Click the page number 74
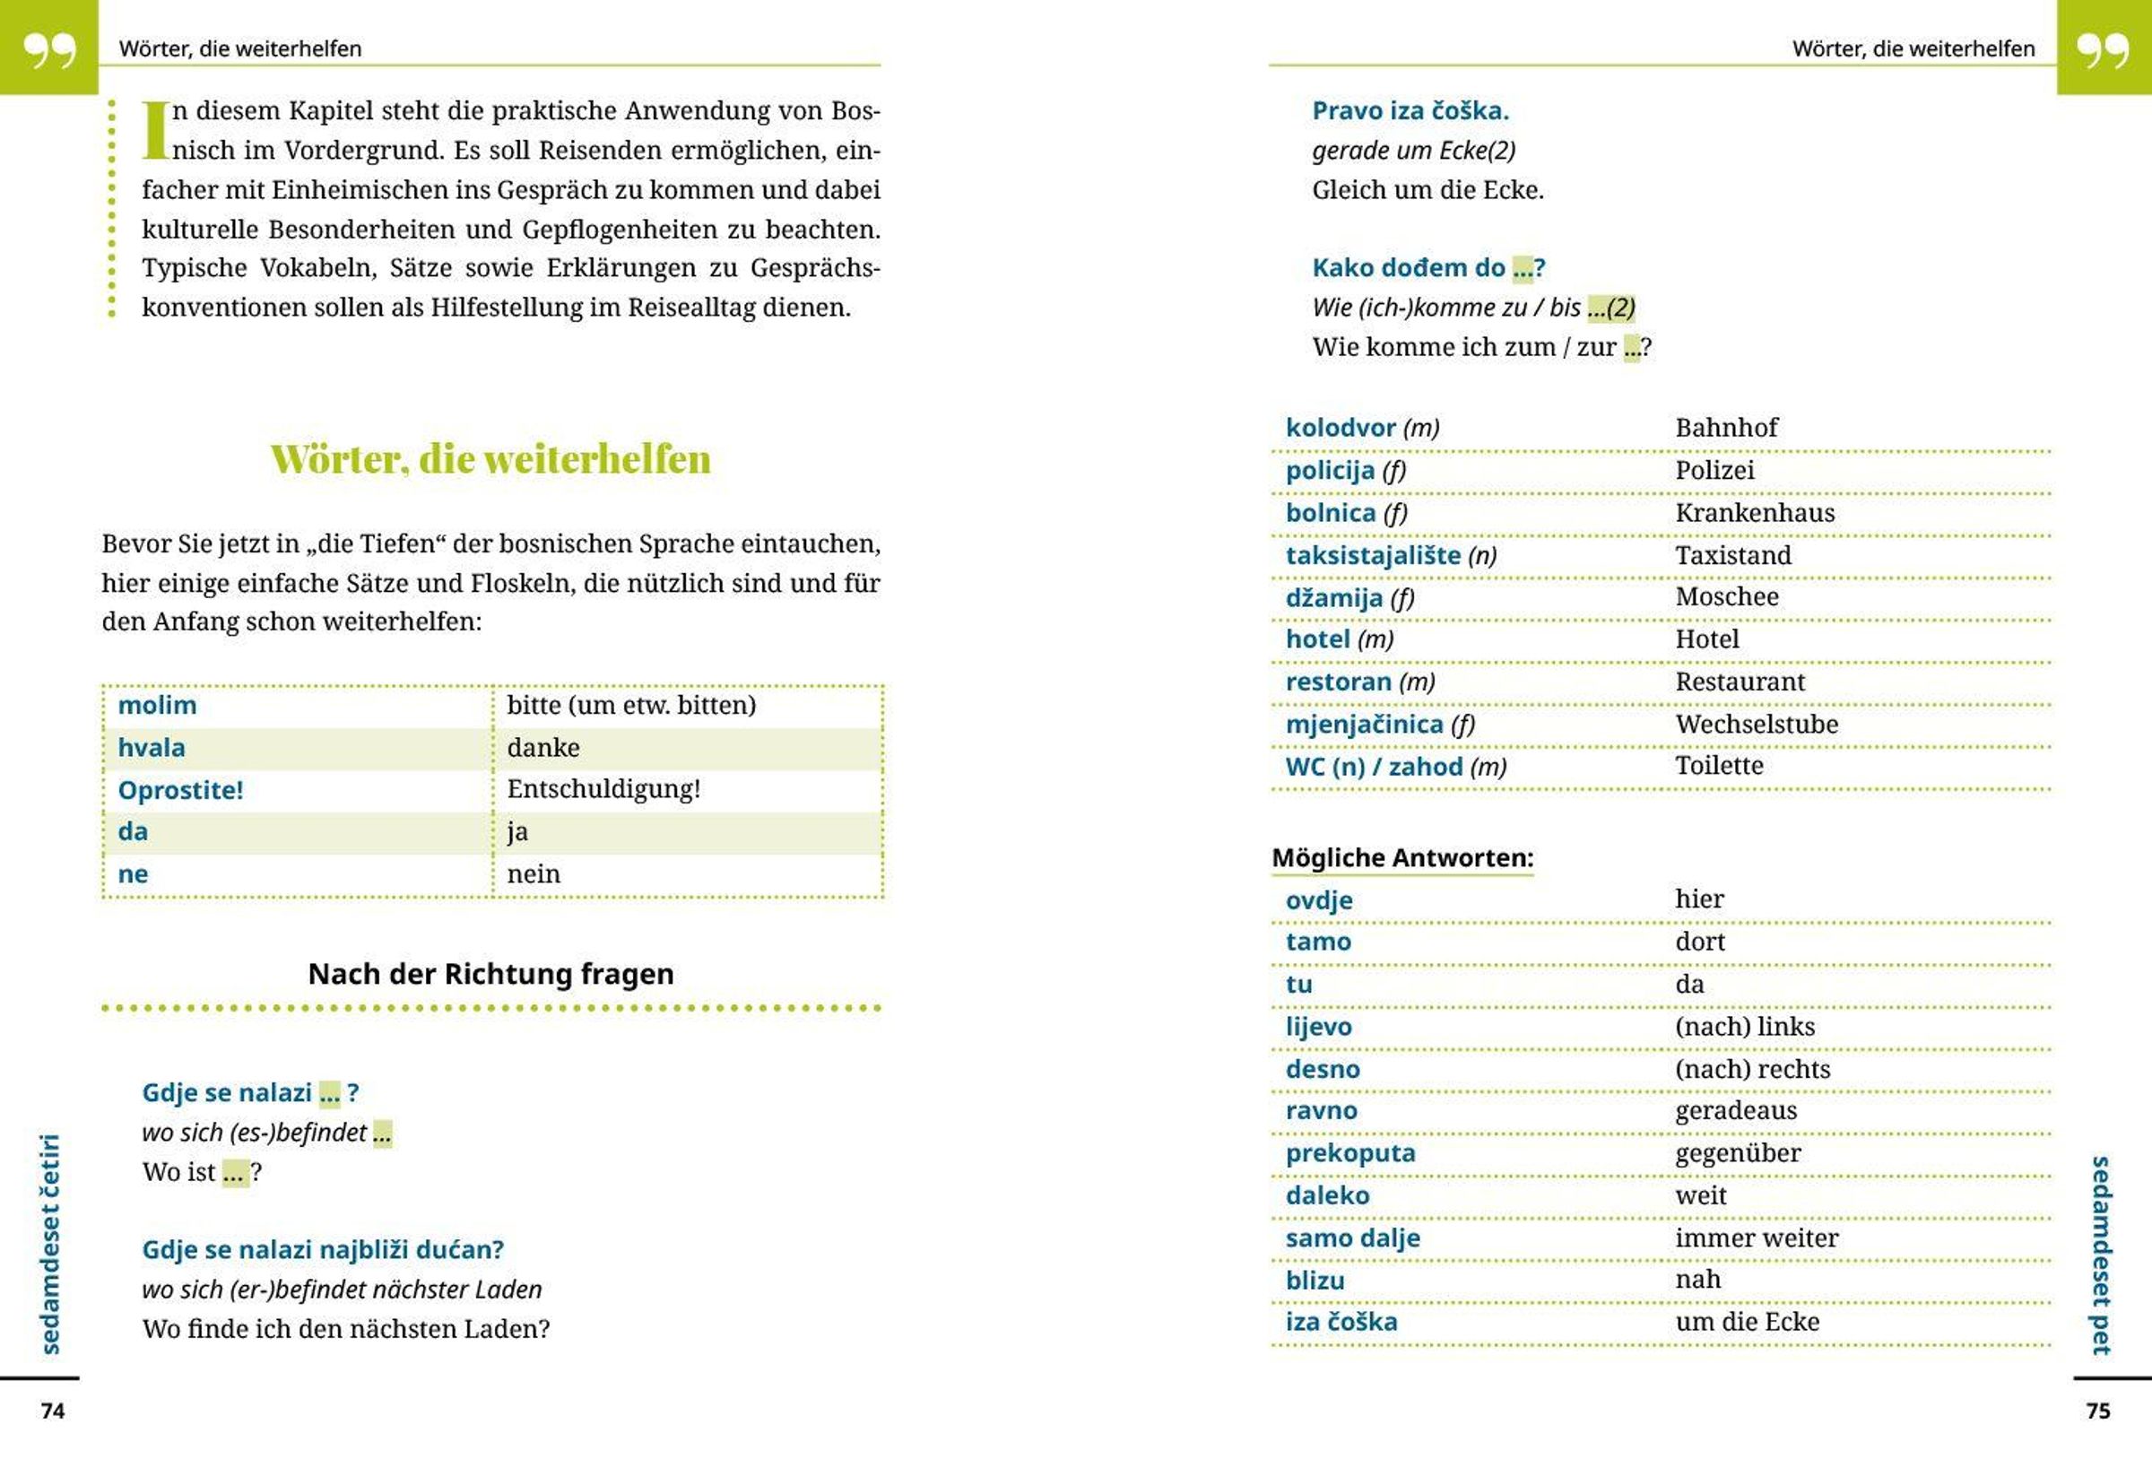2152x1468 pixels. (x=53, y=1411)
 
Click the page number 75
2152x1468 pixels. (x=2098, y=1411)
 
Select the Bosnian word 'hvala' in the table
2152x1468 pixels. (x=151, y=747)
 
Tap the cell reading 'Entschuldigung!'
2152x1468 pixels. (x=603, y=789)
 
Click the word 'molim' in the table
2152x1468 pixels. (x=157, y=705)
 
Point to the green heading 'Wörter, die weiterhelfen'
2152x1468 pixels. (x=490, y=459)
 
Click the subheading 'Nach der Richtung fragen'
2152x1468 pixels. (x=490, y=973)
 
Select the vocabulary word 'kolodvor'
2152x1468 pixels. (x=1340, y=428)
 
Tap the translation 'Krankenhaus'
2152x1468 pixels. (x=1754, y=512)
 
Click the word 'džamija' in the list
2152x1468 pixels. (x=1333, y=597)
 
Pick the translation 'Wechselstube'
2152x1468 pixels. (x=1756, y=725)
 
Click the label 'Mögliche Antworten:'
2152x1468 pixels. (x=1402, y=857)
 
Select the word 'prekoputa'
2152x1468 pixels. (x=1350, y=1153)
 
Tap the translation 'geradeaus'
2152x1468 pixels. (x=1735, y=1110)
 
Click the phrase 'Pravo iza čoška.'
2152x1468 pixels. (x=1410, y=111)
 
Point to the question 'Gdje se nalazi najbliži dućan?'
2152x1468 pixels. (x=322, y=1249)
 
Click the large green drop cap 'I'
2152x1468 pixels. (x=154, y=130)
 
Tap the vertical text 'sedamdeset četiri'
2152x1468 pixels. (x=50, y=1243)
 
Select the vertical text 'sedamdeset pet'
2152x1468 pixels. (x=2101, y=1255)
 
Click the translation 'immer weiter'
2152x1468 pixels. (x=1756, y=1238)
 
